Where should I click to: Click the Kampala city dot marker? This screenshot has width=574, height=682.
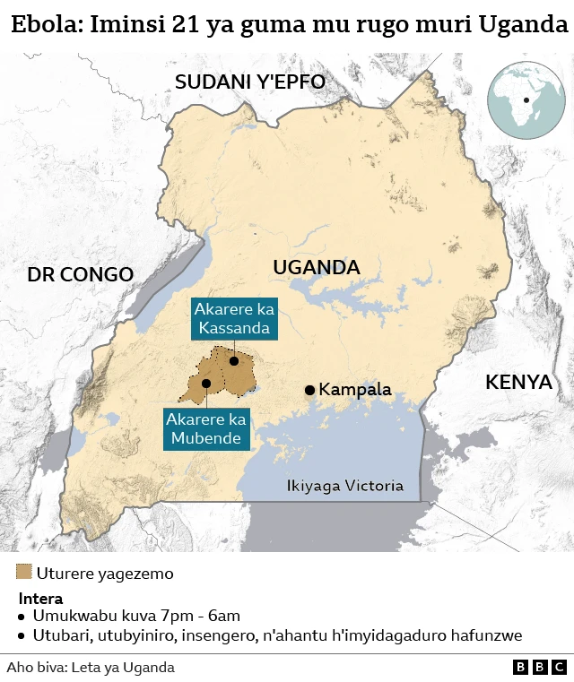[309, 390]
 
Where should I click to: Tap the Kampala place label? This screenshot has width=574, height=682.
[355, 390]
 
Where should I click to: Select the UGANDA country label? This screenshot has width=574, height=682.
[316, 267]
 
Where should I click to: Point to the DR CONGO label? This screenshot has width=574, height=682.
[80, 274]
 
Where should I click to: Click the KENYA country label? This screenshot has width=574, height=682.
[518, 382]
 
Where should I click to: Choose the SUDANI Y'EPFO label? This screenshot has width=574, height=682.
[249, 82]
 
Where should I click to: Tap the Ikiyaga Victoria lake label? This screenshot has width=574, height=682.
[344, 486]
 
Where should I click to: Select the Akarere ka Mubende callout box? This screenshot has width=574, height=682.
[207, 429]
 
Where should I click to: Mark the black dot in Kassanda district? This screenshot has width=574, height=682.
[233, 361]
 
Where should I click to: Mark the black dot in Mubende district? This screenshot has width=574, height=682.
[206, 383]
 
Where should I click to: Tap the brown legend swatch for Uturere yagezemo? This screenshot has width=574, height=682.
[24, 573]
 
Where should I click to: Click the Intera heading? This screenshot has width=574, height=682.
[40, 598]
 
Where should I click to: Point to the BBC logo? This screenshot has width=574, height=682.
[540, 667]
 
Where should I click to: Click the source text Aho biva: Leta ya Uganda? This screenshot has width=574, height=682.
[91, 667]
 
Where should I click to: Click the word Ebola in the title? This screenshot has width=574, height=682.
[46, 25]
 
